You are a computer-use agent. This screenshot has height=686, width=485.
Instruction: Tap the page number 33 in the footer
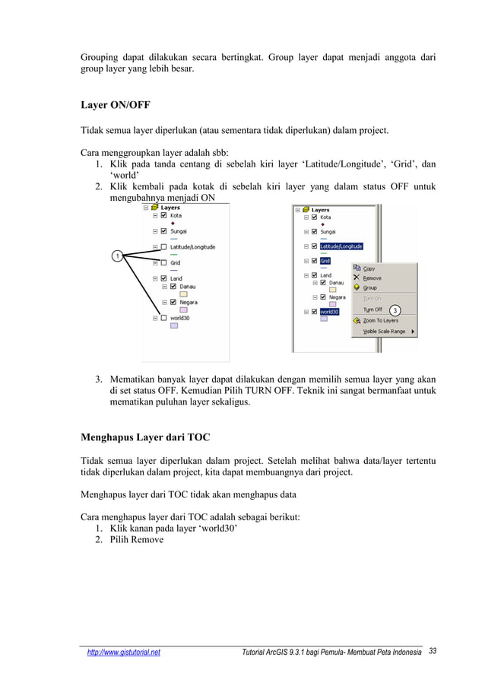(x=433, y=652)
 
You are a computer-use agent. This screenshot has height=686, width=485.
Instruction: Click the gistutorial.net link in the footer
(x=123, y=653)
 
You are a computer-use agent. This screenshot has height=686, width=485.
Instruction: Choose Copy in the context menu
(x=369, y=268)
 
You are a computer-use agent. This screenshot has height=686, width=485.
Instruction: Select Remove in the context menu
(x=372, y=278)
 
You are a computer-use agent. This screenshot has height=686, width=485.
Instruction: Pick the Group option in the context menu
(x=369, y=288)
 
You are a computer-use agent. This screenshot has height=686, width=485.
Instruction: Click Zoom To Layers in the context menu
(x=380, y=320)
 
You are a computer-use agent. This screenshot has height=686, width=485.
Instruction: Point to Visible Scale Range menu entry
(x=384, y=331)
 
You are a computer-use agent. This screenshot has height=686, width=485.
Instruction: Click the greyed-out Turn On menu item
(x=372, y=299)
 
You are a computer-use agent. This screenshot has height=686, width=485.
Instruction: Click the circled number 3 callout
(x=395, y=310)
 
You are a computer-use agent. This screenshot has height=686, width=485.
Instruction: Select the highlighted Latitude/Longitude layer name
(x=341, y=246)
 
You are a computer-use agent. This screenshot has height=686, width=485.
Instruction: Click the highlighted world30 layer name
(x=329, y=311)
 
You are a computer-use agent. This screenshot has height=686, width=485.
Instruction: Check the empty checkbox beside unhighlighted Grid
(x=163, y=263)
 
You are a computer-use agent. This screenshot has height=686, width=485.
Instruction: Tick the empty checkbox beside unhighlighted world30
(x=163, y=318)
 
